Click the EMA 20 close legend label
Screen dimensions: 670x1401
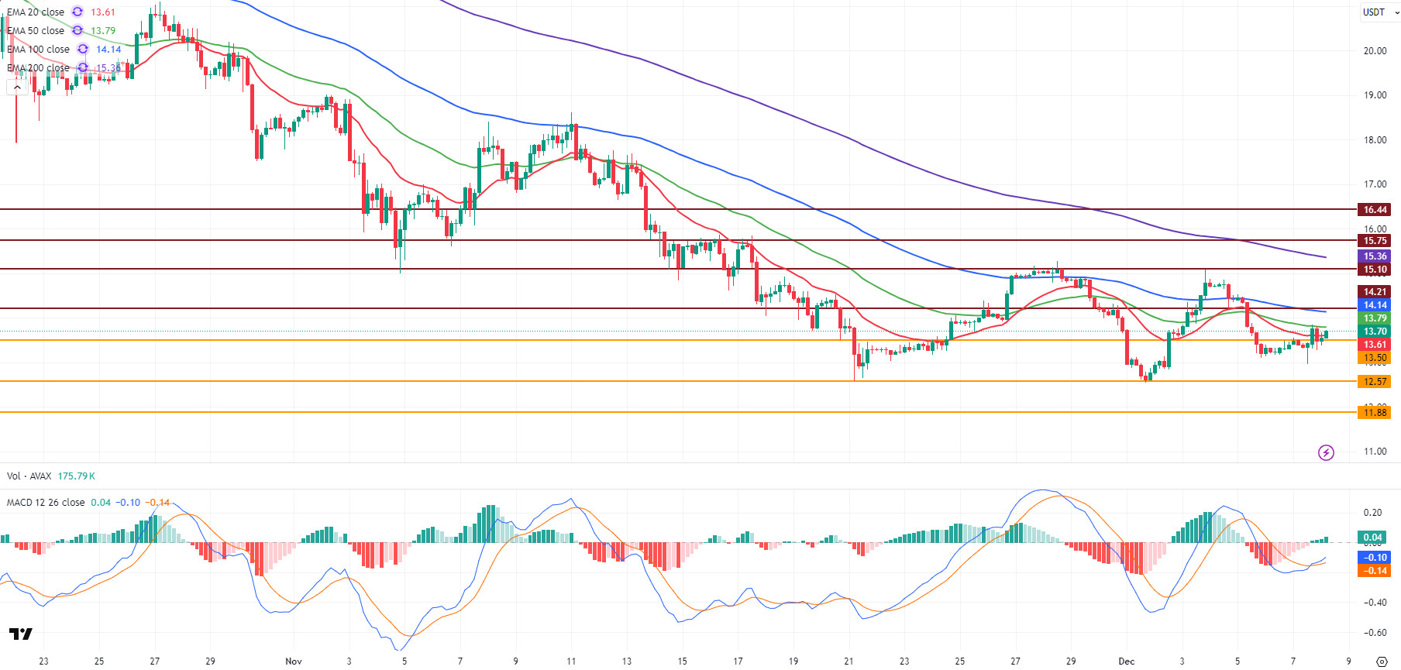tap(36, 12)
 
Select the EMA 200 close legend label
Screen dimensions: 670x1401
tap(38, 68)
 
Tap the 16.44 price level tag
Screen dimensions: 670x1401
tap(1375, 210)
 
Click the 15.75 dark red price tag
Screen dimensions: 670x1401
tap(1375, 241)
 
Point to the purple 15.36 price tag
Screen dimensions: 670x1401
tap(1375, 256)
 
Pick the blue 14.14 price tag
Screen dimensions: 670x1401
tap(1375, 305)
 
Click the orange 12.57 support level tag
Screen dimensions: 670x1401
tap(1375, 382)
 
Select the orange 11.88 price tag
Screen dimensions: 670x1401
tap(1375, 413)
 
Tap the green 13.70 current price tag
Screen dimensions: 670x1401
tap(1375, 332)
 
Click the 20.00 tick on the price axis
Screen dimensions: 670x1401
tap(1375, 51)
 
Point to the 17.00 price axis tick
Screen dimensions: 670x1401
tap(1375, 184)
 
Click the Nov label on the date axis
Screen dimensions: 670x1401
tap(294, 661)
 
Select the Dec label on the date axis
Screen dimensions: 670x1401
tap(1126, 661)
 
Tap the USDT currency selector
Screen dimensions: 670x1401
tap(1378, 12)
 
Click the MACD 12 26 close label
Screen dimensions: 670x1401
tap(46, 503)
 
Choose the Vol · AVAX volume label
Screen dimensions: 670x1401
tap(29, 476)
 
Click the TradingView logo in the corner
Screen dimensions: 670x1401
tap(21, 634)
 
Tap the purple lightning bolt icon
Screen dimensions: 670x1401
tap(1326, 452)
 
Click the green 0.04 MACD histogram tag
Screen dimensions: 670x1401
tap(1372, 538)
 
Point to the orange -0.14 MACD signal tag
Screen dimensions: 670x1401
tap(1374, 571)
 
